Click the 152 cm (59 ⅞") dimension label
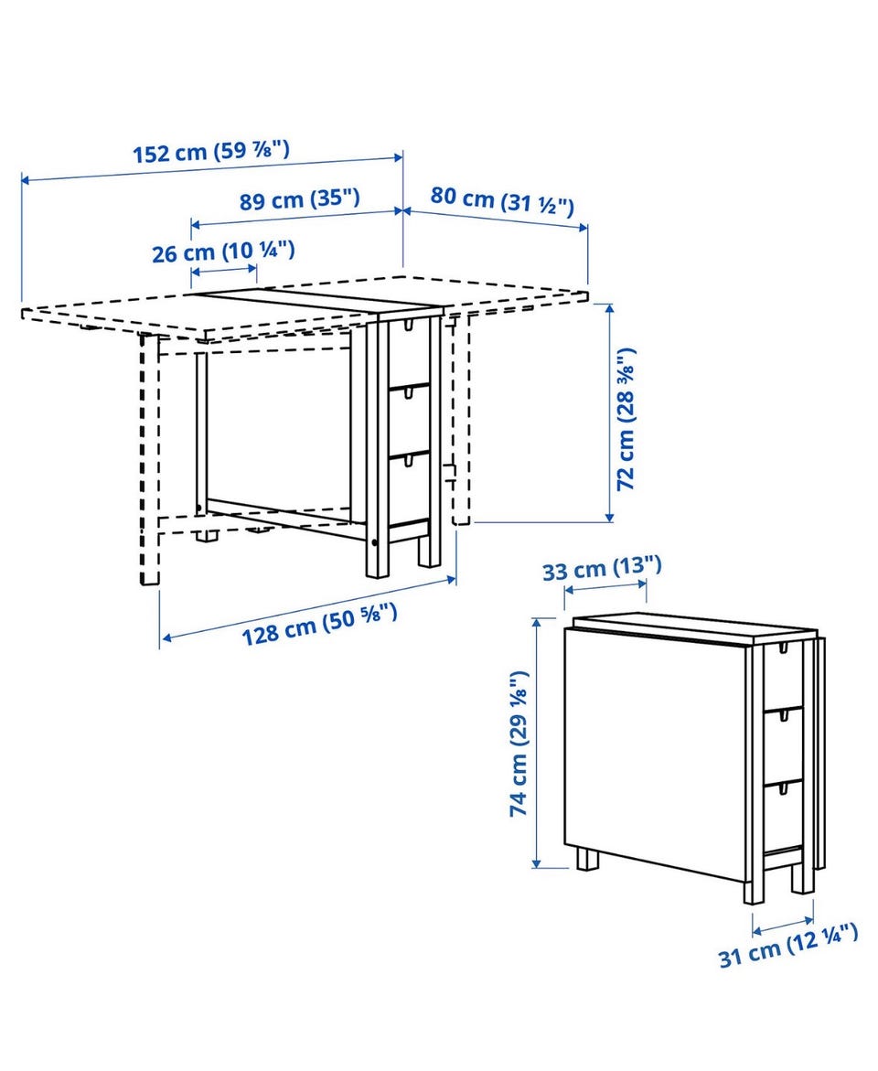211,150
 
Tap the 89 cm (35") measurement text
299,199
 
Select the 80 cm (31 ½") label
502,200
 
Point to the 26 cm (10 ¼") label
223,252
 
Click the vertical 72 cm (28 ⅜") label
626,419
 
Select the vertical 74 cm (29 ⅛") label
519,744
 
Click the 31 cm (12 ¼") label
788,946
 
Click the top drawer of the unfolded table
409,352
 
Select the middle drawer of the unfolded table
410,420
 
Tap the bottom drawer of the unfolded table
410,487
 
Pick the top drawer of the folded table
783,676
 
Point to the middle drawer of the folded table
783,744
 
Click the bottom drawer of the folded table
783,814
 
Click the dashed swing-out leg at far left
150,459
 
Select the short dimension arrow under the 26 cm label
223,271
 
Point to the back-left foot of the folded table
586,859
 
